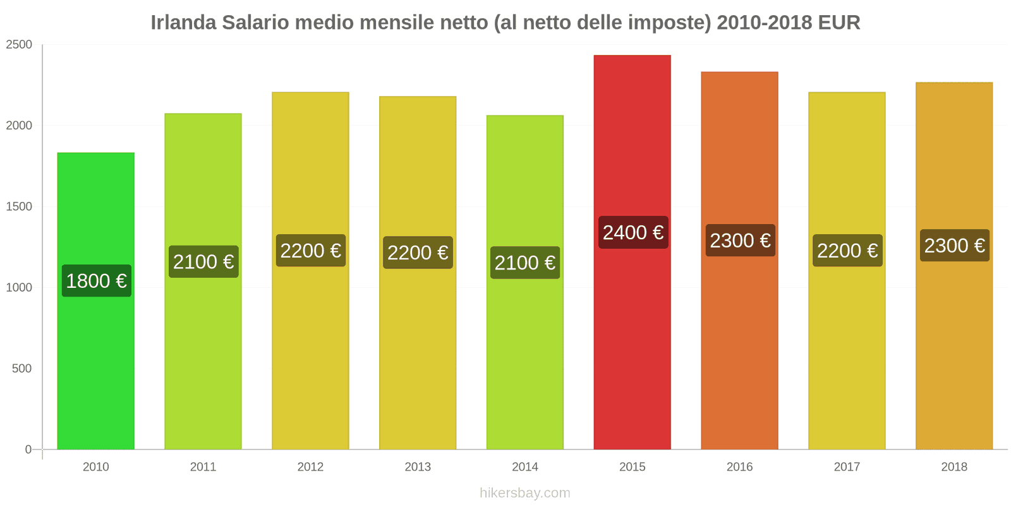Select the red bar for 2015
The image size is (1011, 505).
coord(632,347)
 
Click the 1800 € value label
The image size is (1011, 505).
coord(97,281)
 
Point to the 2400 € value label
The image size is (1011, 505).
coord(633,232)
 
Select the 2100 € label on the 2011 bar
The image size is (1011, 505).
coord(203,261)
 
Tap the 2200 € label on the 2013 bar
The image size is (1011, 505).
coord(418,252)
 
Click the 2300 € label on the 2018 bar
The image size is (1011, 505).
coord(955,246)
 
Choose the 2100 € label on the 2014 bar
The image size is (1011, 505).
coord(525,263)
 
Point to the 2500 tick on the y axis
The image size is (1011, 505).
coord(19,45)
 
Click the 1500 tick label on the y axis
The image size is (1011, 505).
coord(19,207)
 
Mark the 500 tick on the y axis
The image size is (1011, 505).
coord(21,369)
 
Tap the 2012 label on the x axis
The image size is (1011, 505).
coord(310,467)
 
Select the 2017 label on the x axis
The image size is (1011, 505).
coord(847,467)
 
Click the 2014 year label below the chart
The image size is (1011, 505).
coord(525,467)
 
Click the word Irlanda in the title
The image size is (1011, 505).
coord(183,23)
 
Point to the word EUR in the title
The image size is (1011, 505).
coord(839,23)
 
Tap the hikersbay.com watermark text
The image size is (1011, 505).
coord(524,493)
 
